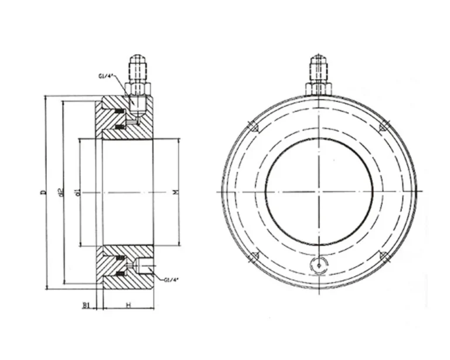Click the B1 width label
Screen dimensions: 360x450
coord(86,305)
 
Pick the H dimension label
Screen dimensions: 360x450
coord(127,305)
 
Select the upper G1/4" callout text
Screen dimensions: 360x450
coord(108,76)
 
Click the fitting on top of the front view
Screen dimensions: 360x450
coord(318,73)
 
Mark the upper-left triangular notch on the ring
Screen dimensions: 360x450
coord(253,126)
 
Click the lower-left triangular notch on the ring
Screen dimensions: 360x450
coord(254,257)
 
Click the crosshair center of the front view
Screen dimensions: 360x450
coord(318,192)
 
